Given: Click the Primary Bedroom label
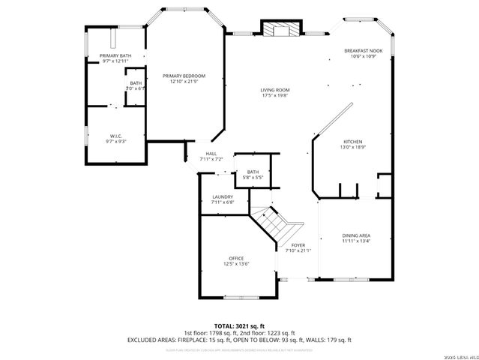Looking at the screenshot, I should [184, 76].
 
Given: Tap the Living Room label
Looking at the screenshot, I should [275, 90].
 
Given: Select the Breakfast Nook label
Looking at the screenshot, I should [363, 51].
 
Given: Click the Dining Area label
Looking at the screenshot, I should [356, 235].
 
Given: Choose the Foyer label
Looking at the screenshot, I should [298, 245].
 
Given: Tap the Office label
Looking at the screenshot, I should [236, 258].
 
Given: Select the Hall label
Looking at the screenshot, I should [211, 154].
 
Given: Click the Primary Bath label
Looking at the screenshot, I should [115, 56].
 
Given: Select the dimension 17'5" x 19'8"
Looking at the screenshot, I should [275, 96].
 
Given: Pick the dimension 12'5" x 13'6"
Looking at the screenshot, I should [236, 264].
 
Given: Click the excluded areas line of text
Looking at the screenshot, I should [239, 340].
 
